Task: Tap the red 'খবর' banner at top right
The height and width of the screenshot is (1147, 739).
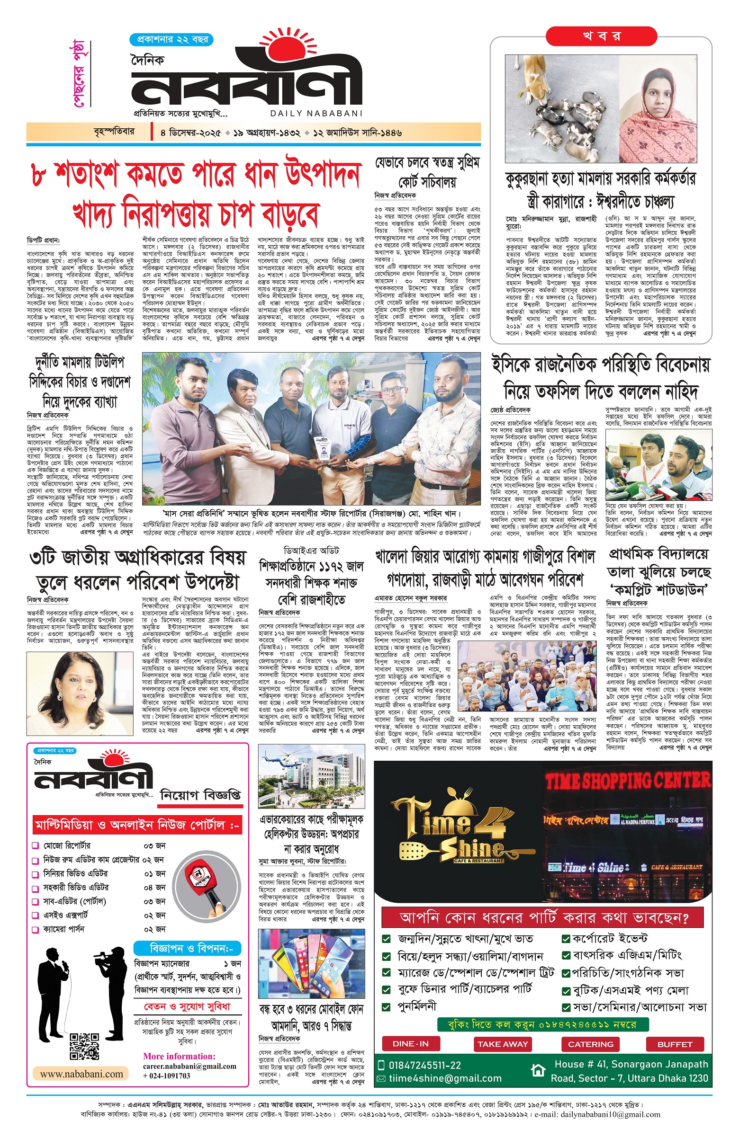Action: tap(601, 36)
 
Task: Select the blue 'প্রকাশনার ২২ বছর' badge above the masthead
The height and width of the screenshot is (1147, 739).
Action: tap(171, 39)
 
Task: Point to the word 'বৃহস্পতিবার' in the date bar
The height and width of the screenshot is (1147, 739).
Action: tap(114, 132)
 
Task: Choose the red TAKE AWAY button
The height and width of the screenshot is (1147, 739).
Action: tap(502, 1044)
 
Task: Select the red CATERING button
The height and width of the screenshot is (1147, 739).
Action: tap(590, 1044)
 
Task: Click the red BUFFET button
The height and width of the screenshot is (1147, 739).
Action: tap(674, 1044)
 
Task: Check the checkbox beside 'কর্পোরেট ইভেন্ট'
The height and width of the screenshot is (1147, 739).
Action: tap(566, 938)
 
